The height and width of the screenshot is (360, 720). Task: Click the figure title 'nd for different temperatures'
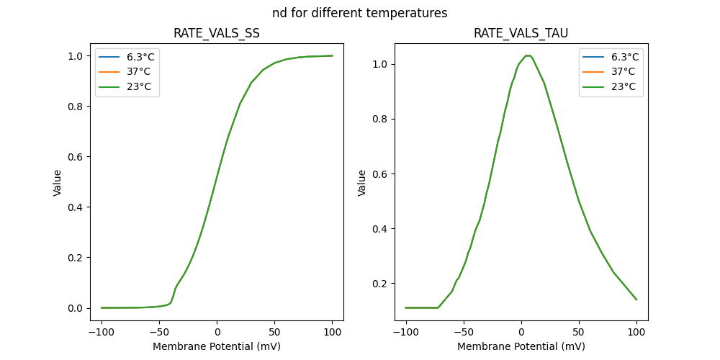[359, 13]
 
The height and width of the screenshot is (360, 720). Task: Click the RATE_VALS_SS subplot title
[217, 34]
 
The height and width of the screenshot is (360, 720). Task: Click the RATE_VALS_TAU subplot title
[521, 34]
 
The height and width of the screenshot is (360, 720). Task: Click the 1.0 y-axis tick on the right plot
[380, 64]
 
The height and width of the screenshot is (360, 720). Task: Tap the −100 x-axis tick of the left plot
[101, 333]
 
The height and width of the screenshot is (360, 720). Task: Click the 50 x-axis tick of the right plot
[579, 333]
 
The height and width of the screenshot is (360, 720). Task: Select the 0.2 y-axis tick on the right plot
[380, 284]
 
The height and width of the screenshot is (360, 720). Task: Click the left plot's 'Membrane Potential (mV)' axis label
[217, 346]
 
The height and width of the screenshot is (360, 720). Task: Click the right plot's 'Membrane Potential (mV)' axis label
[521, 346]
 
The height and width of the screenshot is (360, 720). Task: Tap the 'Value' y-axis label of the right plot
[362, 182]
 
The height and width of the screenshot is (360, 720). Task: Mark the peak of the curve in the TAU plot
[528, 55]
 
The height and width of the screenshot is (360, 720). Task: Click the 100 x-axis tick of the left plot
[332, 333]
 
